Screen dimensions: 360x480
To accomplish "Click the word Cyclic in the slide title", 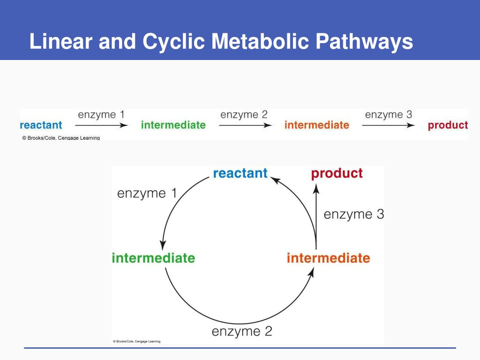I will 174,42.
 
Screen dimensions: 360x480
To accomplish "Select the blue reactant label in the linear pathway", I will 41,125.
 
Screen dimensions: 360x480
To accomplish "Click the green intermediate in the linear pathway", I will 173,125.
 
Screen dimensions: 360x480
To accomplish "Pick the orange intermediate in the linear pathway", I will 316,125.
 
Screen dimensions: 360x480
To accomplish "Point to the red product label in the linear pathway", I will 448,125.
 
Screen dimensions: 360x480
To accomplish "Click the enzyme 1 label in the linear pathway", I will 101,114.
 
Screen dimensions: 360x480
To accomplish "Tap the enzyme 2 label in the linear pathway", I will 244,114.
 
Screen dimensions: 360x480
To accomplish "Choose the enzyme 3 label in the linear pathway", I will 389,114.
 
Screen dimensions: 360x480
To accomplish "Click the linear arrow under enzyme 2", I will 245,125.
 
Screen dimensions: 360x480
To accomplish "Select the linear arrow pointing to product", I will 388,125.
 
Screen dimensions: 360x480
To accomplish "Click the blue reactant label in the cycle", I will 240,173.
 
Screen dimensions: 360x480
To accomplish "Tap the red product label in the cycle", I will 337,173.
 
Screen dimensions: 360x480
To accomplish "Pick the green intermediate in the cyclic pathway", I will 153,258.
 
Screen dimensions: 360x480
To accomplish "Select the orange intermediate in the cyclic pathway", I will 328,258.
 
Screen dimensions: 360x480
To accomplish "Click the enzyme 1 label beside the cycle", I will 147,193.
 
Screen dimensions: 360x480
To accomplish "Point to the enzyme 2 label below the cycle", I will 242,332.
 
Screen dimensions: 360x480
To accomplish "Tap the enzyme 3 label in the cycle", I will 353,215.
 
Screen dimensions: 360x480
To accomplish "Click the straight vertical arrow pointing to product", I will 316,216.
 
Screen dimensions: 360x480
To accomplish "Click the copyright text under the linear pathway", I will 60,138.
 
